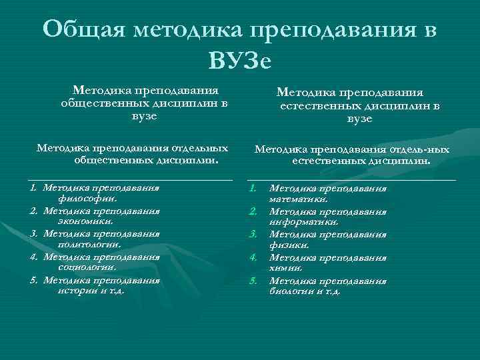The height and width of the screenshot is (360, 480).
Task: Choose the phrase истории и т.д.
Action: click(x=90, y=291)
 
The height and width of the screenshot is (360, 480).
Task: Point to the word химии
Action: click(x=286, y=268)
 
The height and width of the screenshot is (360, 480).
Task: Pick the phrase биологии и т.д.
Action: click(x=305, y=291)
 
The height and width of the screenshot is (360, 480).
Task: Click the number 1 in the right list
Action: click(x=253, y=188)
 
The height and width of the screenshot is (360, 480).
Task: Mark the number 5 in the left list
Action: click(x=33, y=280)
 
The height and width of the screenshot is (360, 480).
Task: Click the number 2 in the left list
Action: click(x=33, y=211)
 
